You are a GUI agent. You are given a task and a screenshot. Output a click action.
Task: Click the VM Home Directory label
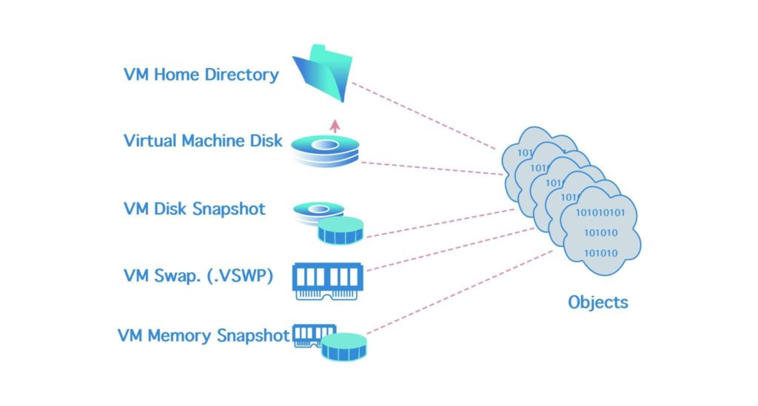(201, 75)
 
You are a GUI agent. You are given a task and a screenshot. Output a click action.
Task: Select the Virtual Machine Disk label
(203, 140)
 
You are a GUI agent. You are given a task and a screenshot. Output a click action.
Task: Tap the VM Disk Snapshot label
(194, 209)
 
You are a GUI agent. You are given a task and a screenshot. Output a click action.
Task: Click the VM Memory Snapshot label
(204, 335)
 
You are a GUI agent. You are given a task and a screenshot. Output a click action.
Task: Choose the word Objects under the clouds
(597, 302)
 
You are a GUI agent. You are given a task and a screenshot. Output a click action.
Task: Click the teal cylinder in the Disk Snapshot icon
(341, 230)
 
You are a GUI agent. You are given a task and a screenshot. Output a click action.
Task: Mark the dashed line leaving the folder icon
(422, 115)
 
